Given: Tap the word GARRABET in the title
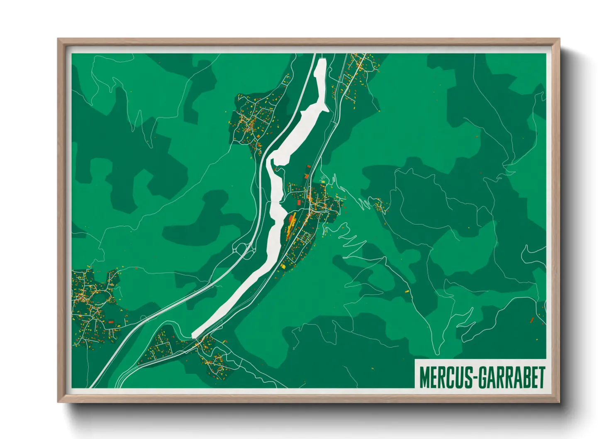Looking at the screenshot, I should coord(511,377).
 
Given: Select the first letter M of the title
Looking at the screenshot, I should coord(424,377).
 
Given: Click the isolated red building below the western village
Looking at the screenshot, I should coord(111,321).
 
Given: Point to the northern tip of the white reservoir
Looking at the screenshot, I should coord(322,61).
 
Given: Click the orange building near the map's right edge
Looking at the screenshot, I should coord(532,319).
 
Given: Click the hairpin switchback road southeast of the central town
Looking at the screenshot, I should coord(351,241).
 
